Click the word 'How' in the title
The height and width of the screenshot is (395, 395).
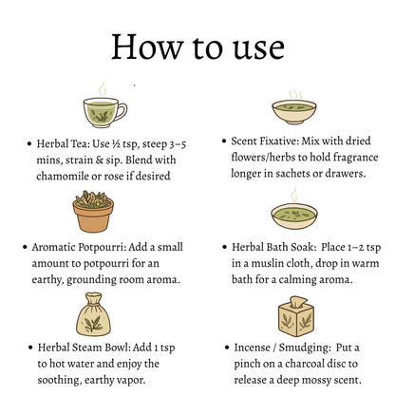147,47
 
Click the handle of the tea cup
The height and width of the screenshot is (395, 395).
122,112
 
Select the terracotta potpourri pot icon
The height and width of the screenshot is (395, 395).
93,212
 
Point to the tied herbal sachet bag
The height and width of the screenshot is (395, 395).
93,314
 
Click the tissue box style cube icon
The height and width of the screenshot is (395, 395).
296,316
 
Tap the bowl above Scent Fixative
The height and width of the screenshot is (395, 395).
294,112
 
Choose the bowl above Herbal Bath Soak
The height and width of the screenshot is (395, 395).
294,216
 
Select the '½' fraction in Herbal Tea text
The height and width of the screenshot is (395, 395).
116,144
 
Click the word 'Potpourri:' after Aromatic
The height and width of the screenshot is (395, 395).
102,248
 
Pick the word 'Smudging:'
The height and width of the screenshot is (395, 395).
304,348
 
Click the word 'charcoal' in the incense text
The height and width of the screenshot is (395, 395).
304,364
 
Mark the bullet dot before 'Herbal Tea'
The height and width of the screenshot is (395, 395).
29,144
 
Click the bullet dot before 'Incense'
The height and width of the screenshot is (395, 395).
227,348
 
